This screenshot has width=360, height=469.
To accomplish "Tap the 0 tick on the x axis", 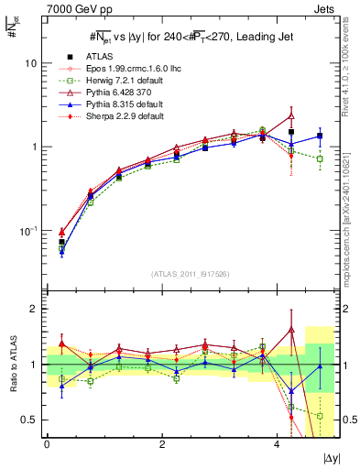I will [x=47, y=444].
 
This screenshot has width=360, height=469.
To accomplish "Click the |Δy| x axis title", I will [x=331, y=457].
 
